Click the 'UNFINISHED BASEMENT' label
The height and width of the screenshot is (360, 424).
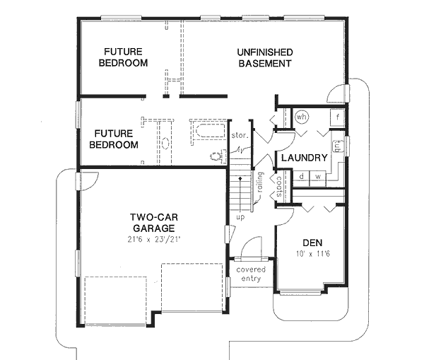click(264, 58)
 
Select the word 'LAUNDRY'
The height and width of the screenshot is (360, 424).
click(303, 158)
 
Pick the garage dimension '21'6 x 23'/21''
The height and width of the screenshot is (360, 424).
click(153, 240)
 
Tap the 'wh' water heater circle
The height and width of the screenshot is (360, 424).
click(302, 117)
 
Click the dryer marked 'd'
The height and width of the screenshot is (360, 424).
click(302, 176)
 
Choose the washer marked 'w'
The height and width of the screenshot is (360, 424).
click(317, 176)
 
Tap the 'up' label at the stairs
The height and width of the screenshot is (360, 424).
click(240, 216)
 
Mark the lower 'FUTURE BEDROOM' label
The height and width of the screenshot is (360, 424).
click(114, 139)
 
